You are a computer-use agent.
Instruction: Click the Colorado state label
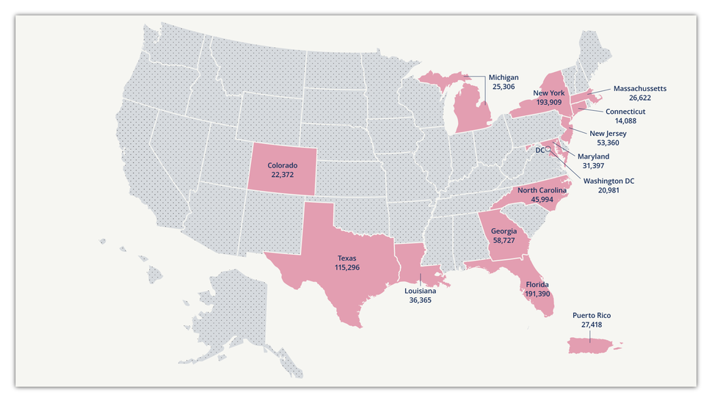[283, 165]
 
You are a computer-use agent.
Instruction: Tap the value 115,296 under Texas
[346, 268]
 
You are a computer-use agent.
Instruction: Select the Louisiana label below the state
[420, 291]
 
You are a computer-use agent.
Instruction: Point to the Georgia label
[504, 231]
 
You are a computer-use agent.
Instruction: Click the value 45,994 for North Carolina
[542, 199]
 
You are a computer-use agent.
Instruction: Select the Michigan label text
[504, 77]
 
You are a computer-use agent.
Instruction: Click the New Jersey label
[608, 134]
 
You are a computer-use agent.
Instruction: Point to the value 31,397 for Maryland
[593, 166]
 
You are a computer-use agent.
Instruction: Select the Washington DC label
[609, 181]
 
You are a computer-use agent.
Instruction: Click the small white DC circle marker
[548, 149]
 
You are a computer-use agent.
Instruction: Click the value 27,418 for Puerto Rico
[591, 325]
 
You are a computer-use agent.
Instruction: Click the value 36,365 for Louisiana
[420, 300]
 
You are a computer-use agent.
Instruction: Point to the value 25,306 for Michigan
[504, 87]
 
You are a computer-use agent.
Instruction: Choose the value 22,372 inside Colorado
[283, 175]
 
